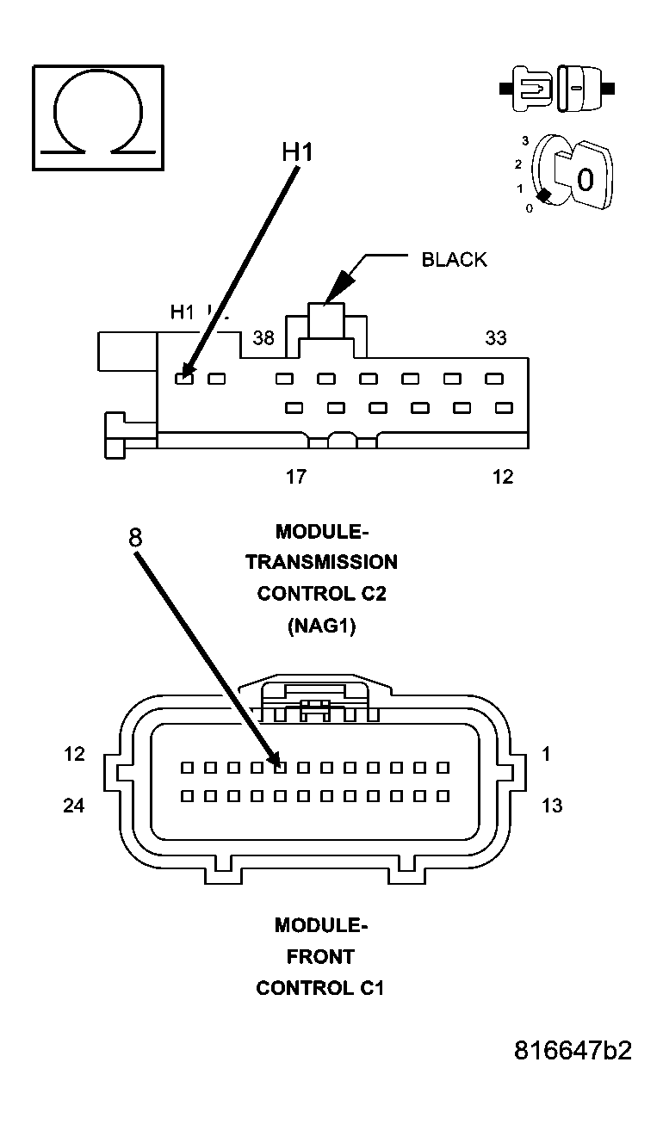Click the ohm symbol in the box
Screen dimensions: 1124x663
(x=97, y=115)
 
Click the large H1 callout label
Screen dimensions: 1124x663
(x=297, y=151)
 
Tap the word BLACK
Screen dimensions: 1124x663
(x=454, y=260)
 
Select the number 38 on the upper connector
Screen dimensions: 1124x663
(x=263, y=338)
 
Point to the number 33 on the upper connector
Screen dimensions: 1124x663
(x=496, y=338)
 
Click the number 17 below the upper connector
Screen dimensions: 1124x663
(x=295, y=476)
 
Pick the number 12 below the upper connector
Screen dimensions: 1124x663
(x=503, y=476)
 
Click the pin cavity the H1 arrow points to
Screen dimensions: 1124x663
(x=183, y=378)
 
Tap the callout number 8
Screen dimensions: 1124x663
(x=135, y=538)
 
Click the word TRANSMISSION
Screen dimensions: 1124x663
(x=321, y=563)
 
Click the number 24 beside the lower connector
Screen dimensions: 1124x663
(x=74, y=806)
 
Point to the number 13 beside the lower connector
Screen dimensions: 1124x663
(x=552, y=806)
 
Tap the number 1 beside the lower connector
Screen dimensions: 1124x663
(x=546, y=754)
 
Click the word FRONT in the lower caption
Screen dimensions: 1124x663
(x=320, y=956)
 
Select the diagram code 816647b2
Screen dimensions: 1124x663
(x=573, y=1051)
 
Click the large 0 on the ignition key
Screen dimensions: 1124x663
(x=585, y=180)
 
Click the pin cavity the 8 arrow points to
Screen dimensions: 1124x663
(x=280, y=767)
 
